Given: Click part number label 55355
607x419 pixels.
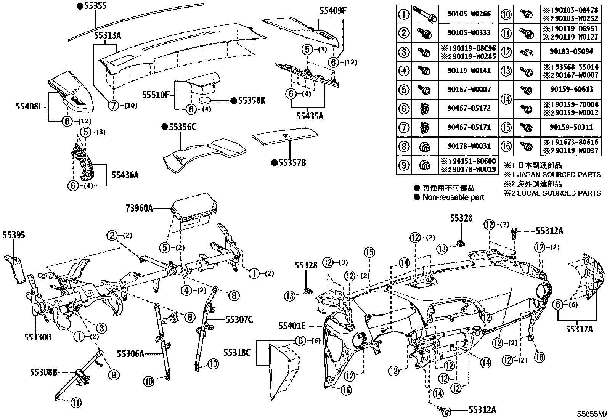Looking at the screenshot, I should pyautogui.click(x=95, y=6).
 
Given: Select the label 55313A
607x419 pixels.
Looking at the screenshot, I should pyautogui.click(x=108, y=35).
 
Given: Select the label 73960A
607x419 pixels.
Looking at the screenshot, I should pyautogui.click(x=139, y=208).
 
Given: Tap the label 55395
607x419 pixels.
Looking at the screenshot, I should pyautogui.click(x=14, y=235).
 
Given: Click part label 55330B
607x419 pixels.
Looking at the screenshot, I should pyautogui.click(x=38, y=337).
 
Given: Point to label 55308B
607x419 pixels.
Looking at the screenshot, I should pyautogui.click(x=43, y=372).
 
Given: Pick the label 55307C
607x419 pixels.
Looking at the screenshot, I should pyautogui.click(x=239, y=319).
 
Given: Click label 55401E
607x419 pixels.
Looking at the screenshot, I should pyautogui.click(x=292, y=326).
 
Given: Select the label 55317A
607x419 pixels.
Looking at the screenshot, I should pyautogui.click(x=579, y=329).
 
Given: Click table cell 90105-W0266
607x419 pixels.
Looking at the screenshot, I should pyautogui.click(x=469, y=14).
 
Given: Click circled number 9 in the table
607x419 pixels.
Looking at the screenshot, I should pyautogui.click(x=404, y=165).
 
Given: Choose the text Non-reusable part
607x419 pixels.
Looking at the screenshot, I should pyautogui.click(x=453, y=197).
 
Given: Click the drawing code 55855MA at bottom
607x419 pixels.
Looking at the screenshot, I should pyautogui.click(x=591, y=414).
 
